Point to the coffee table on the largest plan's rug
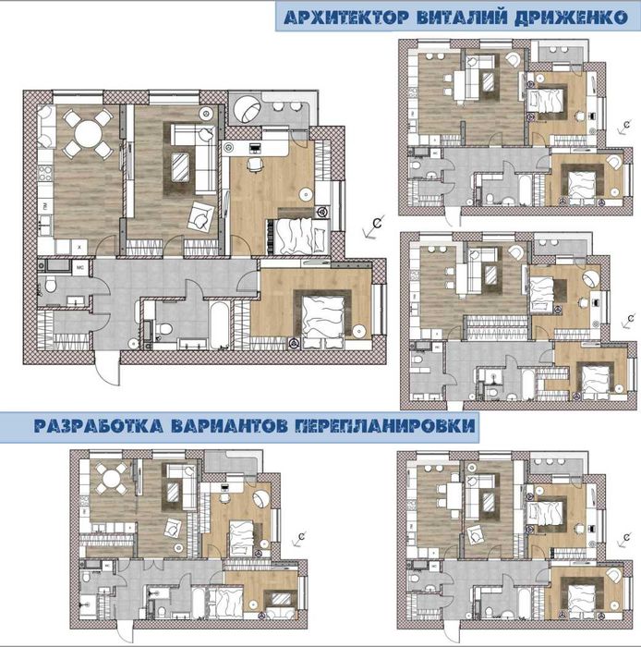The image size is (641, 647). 180,166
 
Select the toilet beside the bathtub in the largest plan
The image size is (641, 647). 163,329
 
